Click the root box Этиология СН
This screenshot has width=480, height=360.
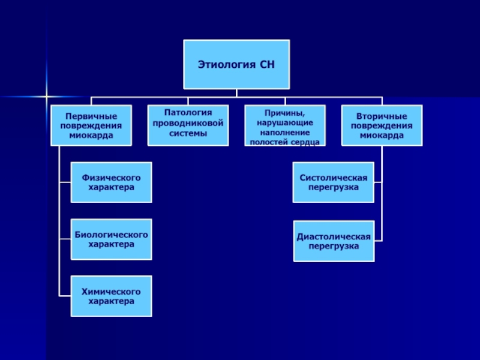pos(236,64)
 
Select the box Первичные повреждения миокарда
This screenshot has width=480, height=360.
pos(91,125)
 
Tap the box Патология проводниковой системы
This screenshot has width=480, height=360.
pos(188,125)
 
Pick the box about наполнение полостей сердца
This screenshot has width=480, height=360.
pos(285,125)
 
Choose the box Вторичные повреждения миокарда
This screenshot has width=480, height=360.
pos(382,125)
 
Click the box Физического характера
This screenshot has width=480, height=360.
pos(111,182)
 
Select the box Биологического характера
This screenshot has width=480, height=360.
pos(111,239)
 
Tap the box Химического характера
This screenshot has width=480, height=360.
pos(111,296)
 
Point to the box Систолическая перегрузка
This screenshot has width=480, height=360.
pos(334,182)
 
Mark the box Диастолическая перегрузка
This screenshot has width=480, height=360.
pos(334,241)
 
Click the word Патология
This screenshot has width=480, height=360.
pos(188,112)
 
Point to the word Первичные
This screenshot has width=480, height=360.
pos(91,116)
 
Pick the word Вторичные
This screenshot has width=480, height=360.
pos(382,116)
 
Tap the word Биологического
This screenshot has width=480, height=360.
pos(111,234)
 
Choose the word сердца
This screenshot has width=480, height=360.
pos(306,142)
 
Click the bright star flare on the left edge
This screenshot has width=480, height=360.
pos(46,95)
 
